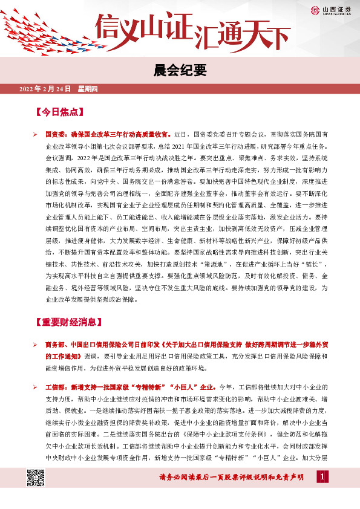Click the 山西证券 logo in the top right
tap(332, 10)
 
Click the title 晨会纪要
tap(180, 70)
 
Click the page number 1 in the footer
tap(322, 478)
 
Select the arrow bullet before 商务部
tap(36, 345)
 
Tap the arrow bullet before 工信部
tap(36, 385)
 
